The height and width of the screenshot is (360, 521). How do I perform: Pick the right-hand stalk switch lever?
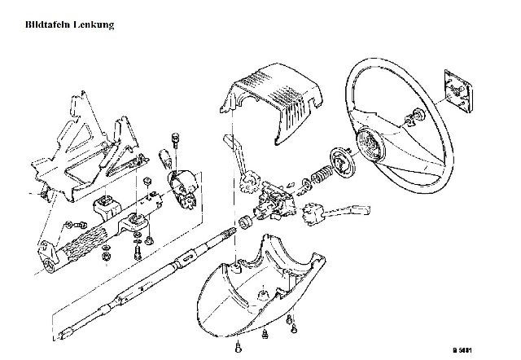(335, 213)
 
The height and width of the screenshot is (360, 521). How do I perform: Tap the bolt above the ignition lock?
(175, 141)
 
